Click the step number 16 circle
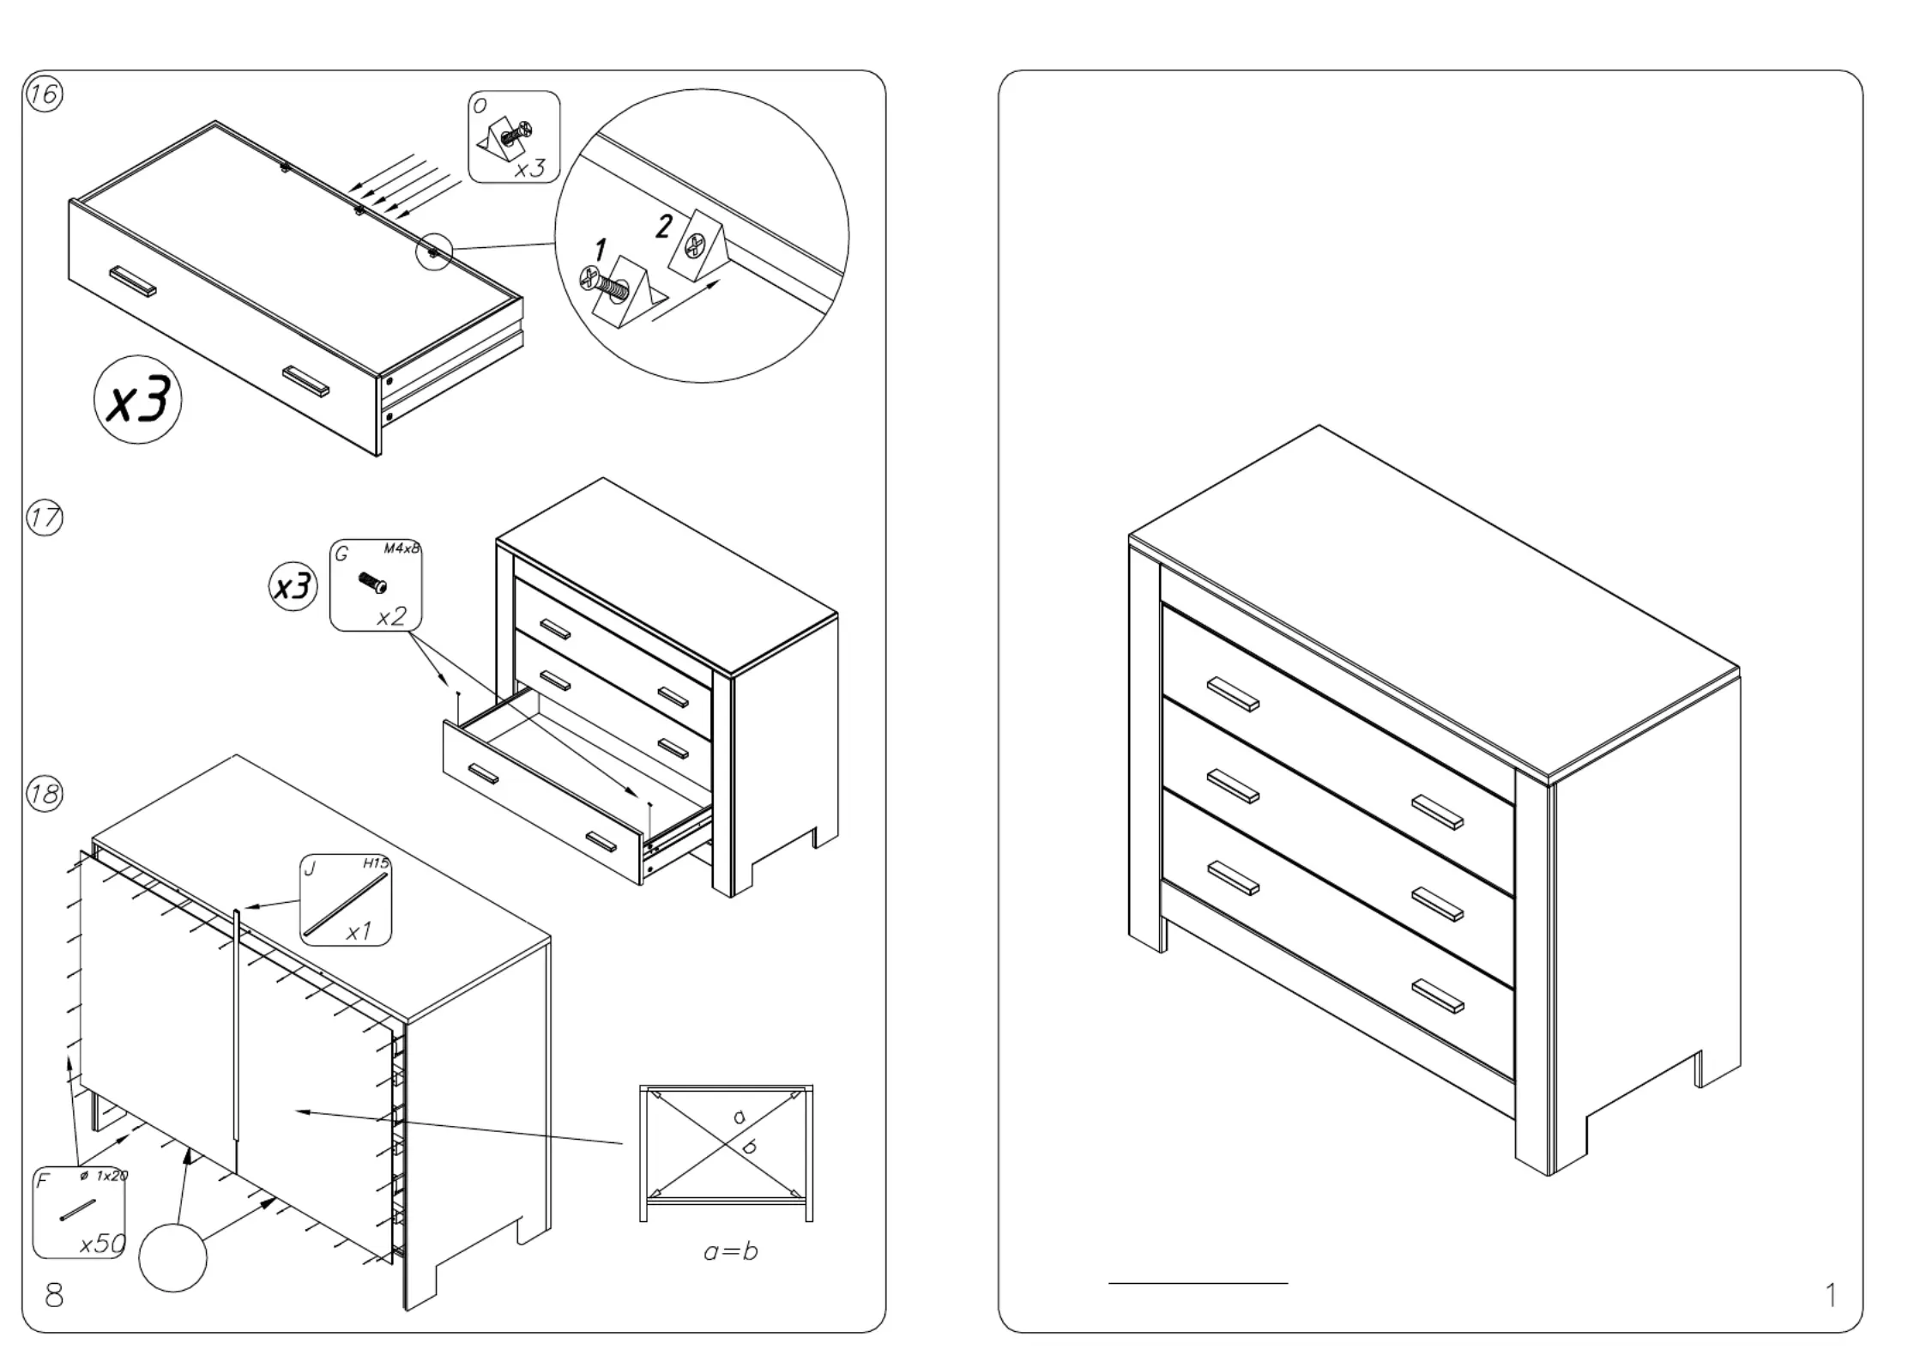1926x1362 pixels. [x=44, y=94]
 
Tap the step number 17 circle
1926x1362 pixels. [x=45, y=518]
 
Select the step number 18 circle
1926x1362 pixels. [x=45, y=793]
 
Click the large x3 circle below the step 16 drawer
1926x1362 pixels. [x=138, y=400]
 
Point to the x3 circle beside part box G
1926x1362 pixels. [x=293, y=587]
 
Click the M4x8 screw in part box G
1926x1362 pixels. [x=373, y=583]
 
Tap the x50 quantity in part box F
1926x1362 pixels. [x=102, y=1244]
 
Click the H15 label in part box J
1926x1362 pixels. [x=375, y=863]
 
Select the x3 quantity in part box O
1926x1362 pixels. [x=529, y=168]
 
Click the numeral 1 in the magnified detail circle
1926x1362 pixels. [x=601, y=251]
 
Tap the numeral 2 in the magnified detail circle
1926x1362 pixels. [x=664, y=226]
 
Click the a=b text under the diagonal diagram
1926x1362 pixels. [x=730, y=1251]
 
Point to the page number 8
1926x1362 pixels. [x=54, y=1295]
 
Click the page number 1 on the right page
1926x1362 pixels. [x=1831, y=1295]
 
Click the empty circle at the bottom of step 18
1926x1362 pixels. [x=172, y=1257]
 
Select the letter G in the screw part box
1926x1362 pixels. [x=342, y=554]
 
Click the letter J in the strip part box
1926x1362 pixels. [x=311, y=869]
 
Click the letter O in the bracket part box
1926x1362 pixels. [x=480, y=106]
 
